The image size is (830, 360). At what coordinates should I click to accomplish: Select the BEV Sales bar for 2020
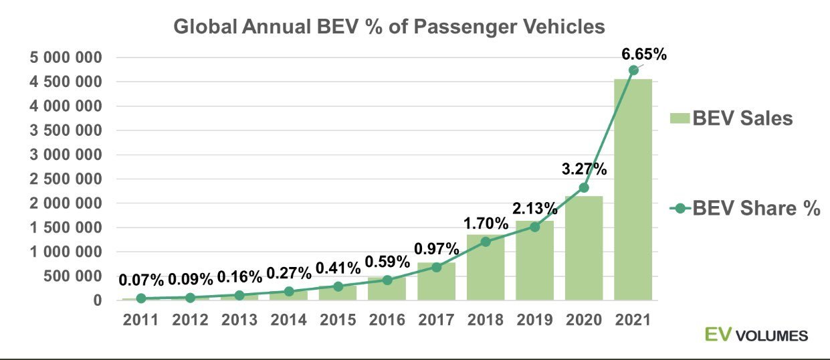coord(584,248)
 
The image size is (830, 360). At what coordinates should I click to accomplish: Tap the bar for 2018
coord(486,268)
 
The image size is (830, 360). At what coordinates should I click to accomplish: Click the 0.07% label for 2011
coord(140,278)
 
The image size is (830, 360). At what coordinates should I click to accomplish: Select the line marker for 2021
coord(633,70)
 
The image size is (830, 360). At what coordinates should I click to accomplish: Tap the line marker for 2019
coord(534,226)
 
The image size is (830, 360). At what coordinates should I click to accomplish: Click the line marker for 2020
coord(584,188)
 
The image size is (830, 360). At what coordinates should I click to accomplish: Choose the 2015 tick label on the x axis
coord(338,319)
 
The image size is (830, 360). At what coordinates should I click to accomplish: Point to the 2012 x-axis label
coord(190,319)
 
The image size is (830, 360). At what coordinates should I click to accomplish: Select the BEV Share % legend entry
coord(744,208)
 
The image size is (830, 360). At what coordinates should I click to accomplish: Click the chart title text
coord(389,27)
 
